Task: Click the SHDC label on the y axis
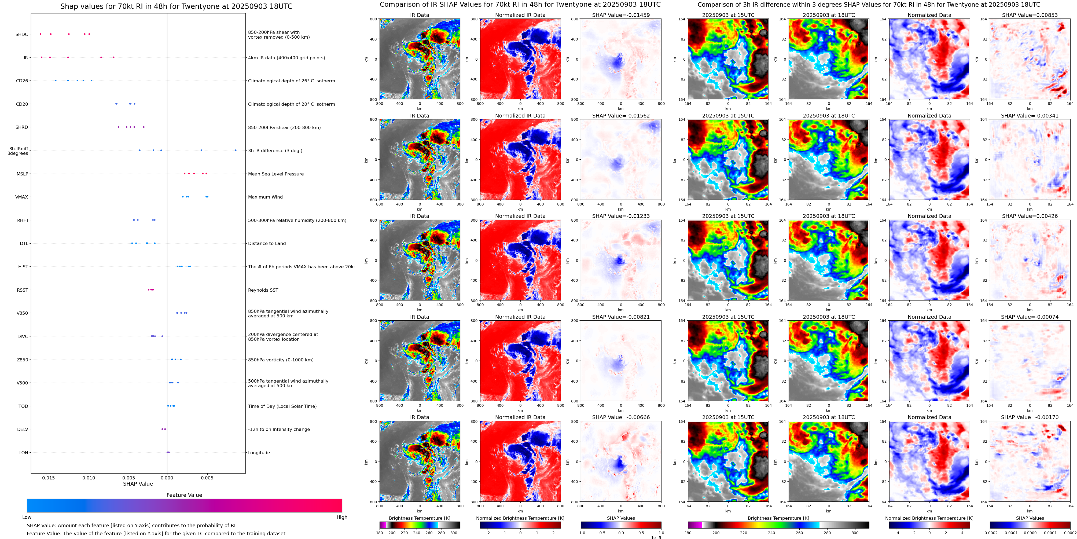tap(22, 34)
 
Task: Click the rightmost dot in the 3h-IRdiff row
tap(236, 150)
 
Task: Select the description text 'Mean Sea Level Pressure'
tap(275, 174)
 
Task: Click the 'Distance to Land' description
tap(267, 243)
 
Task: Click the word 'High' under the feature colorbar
tap(341, 517)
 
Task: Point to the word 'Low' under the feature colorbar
tap(27, 517)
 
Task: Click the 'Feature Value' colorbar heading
tap(184, 495)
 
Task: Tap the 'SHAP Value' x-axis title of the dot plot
tap(138, 484)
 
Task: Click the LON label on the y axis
tap(23, 452)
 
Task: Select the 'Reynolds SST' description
tap(263, 290)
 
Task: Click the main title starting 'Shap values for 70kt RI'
tap(176, 6)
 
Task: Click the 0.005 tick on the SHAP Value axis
tap(207, 478)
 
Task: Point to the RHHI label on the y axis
tap(23, 220)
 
